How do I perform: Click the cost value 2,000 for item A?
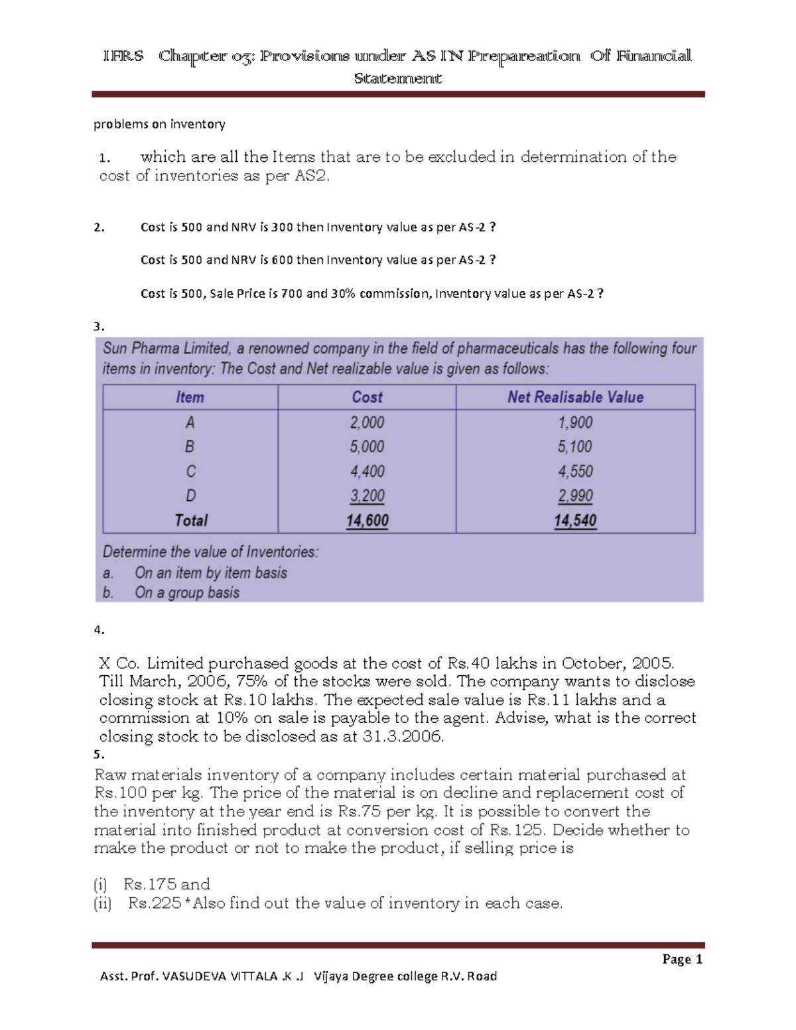coord(367,422)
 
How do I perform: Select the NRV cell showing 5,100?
coord(574,447)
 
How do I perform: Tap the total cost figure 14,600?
coord(367,521)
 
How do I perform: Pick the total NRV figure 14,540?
coord(574,521)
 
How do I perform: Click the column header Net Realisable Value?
coord(575,397)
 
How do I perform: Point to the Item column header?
coord(190,397)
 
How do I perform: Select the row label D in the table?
coord(190,496)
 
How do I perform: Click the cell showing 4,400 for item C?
coord(367,472)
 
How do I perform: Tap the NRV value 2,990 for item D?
coord(574,496)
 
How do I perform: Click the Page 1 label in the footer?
coord(682,959)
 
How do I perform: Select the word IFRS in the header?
coord(123,56)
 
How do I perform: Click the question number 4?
coord(99,630)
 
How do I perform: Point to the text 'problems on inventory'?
coord(159,124)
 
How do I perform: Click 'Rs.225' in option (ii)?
coord(154,903)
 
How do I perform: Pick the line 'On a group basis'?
coord(186,592)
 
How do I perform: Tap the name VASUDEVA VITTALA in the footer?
coord(220,976)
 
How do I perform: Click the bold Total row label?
coord(191,521)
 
